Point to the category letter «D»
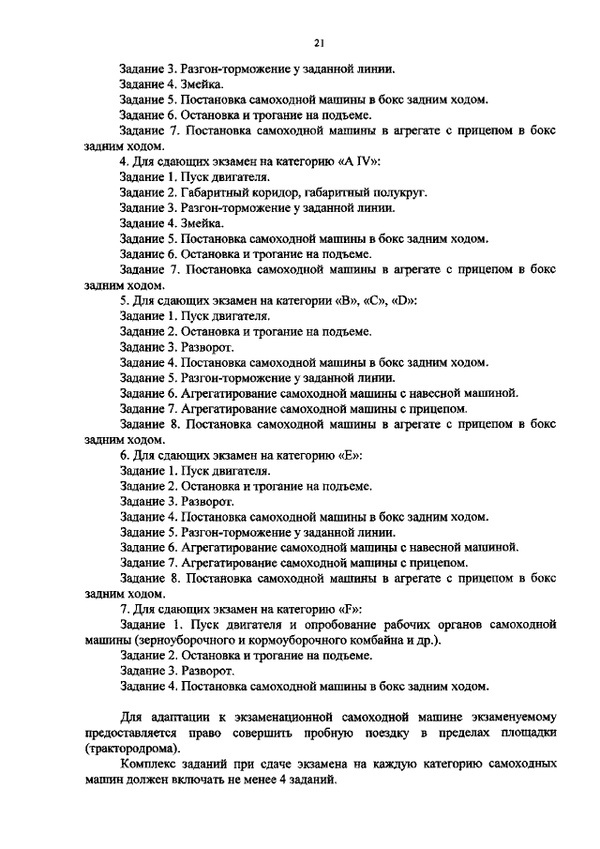point(406,301)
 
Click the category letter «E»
point(356,454)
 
